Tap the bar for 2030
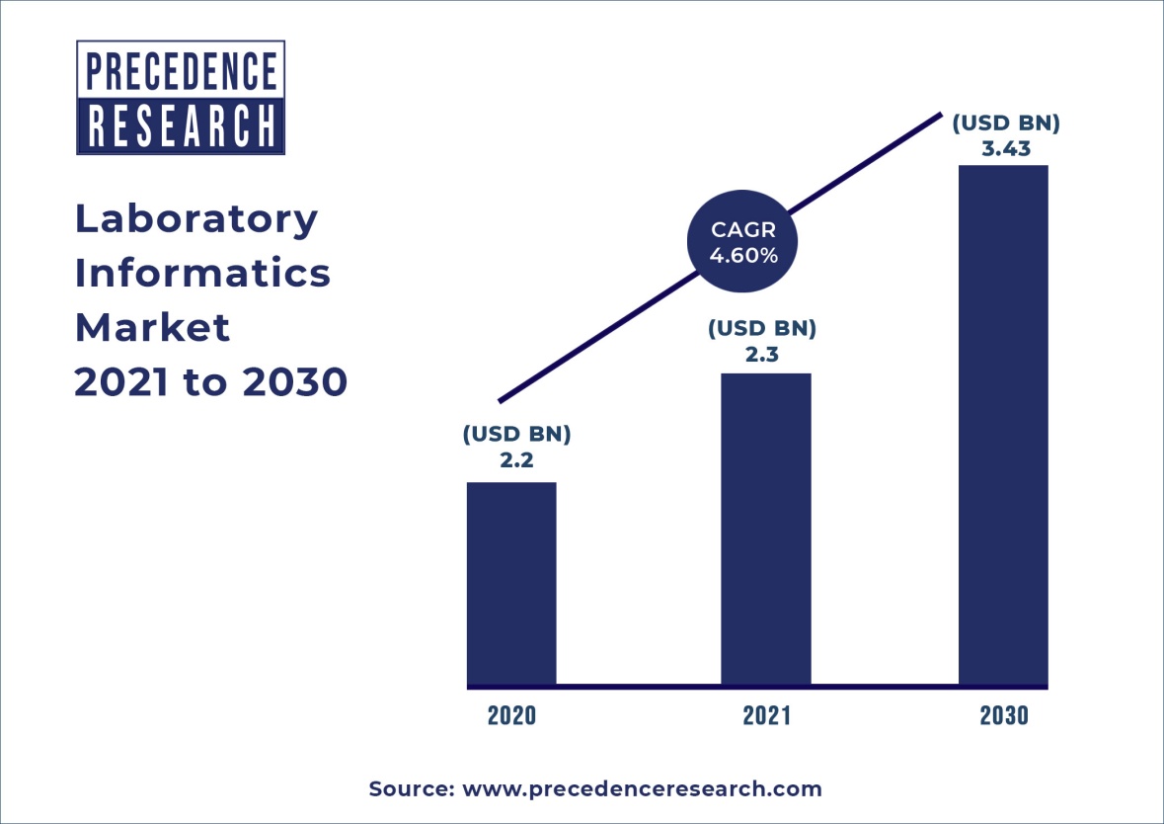pos(1003,425)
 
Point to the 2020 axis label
pos(511,715)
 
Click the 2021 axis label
pos(767,715)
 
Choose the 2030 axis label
pos(1004,715)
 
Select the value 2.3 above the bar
pos(761,353)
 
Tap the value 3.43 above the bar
pos(1004,150)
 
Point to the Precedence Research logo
pos(181,97)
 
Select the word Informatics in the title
pos(203,274)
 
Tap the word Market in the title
pos(153,327)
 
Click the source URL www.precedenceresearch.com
pos(642,789)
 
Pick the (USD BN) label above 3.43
pos(1005,124)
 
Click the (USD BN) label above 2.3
pos(761,327)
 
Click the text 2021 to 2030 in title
pos(211,381)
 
